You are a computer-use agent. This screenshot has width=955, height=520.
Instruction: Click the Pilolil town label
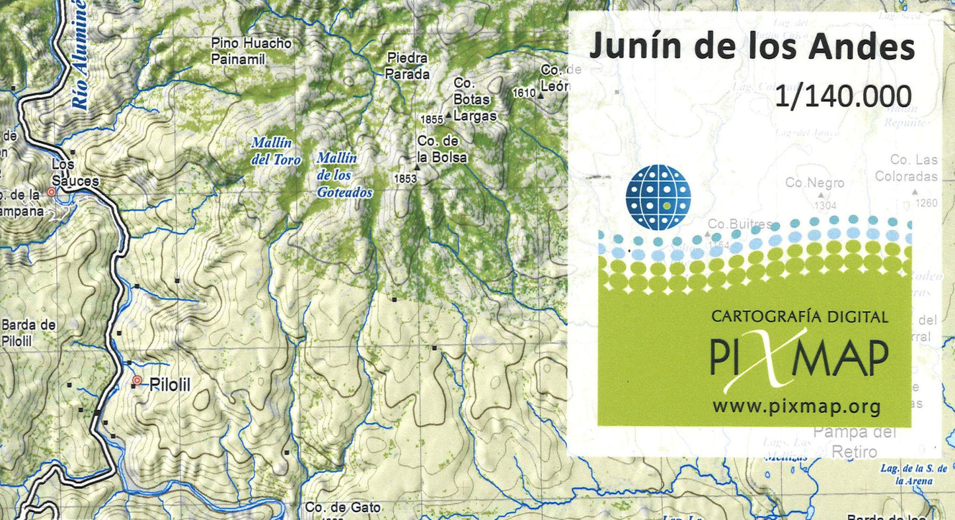tap(171, 384)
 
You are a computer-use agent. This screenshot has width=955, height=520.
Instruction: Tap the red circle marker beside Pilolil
tap(137, 380)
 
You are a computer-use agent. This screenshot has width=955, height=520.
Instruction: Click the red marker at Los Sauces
tap(52, 192)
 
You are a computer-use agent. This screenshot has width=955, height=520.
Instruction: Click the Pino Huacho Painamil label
tap(251, 51)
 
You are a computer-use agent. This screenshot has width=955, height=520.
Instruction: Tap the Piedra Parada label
tap(408, 66)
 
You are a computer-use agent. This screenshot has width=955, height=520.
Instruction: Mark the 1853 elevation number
tap(404, 179)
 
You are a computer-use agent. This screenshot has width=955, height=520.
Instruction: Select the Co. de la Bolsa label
tap(441, 150)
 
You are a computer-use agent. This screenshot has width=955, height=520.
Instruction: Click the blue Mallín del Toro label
tap(276, 151)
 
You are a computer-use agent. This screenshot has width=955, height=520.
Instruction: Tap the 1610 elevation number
tap(523, 93)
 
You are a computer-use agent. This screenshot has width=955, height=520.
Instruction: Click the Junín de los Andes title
tap(751, 48)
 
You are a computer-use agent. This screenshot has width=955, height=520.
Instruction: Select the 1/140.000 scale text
tap(844, 97)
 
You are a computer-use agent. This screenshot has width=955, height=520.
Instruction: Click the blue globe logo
tap(658, 197)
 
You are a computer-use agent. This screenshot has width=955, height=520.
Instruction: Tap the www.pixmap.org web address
tap(796, 406)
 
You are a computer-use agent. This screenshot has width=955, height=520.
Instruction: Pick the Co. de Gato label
tap(343, 507)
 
